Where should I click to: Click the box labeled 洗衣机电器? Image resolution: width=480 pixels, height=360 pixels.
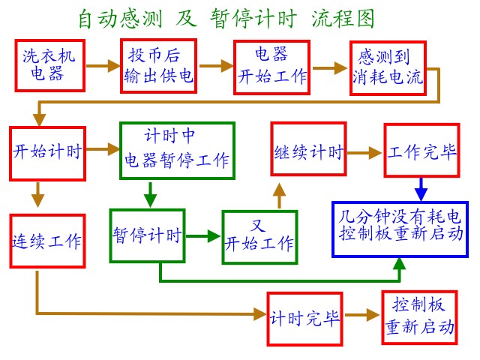[x=50, y=64]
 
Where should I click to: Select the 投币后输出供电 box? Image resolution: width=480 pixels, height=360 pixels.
[x=159, y=66]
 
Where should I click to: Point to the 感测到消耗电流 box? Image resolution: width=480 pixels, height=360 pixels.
[x=387, y=68]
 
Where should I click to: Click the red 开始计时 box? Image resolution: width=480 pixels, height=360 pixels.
[x=47, y=151]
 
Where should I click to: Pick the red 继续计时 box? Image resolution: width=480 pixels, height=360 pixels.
[x=308, y=152]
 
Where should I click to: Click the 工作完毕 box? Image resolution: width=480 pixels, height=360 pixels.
[x=421, y=152]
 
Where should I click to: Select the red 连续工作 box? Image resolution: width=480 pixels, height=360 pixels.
[x=47, y=241]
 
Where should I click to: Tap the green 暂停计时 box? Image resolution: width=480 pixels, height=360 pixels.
[x=147, y=235]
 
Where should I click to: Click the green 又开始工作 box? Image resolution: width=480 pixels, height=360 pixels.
[x=259, y=237]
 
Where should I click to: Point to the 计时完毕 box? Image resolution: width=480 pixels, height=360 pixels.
[x=305, y=318]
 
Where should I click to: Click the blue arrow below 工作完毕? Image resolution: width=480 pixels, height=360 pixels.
[x=421, y=189]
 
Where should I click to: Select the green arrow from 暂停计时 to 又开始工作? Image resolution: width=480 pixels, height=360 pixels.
[x=202, y=236]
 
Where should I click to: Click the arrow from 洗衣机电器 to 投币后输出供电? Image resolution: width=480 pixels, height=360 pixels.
[x=103, y=66]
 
